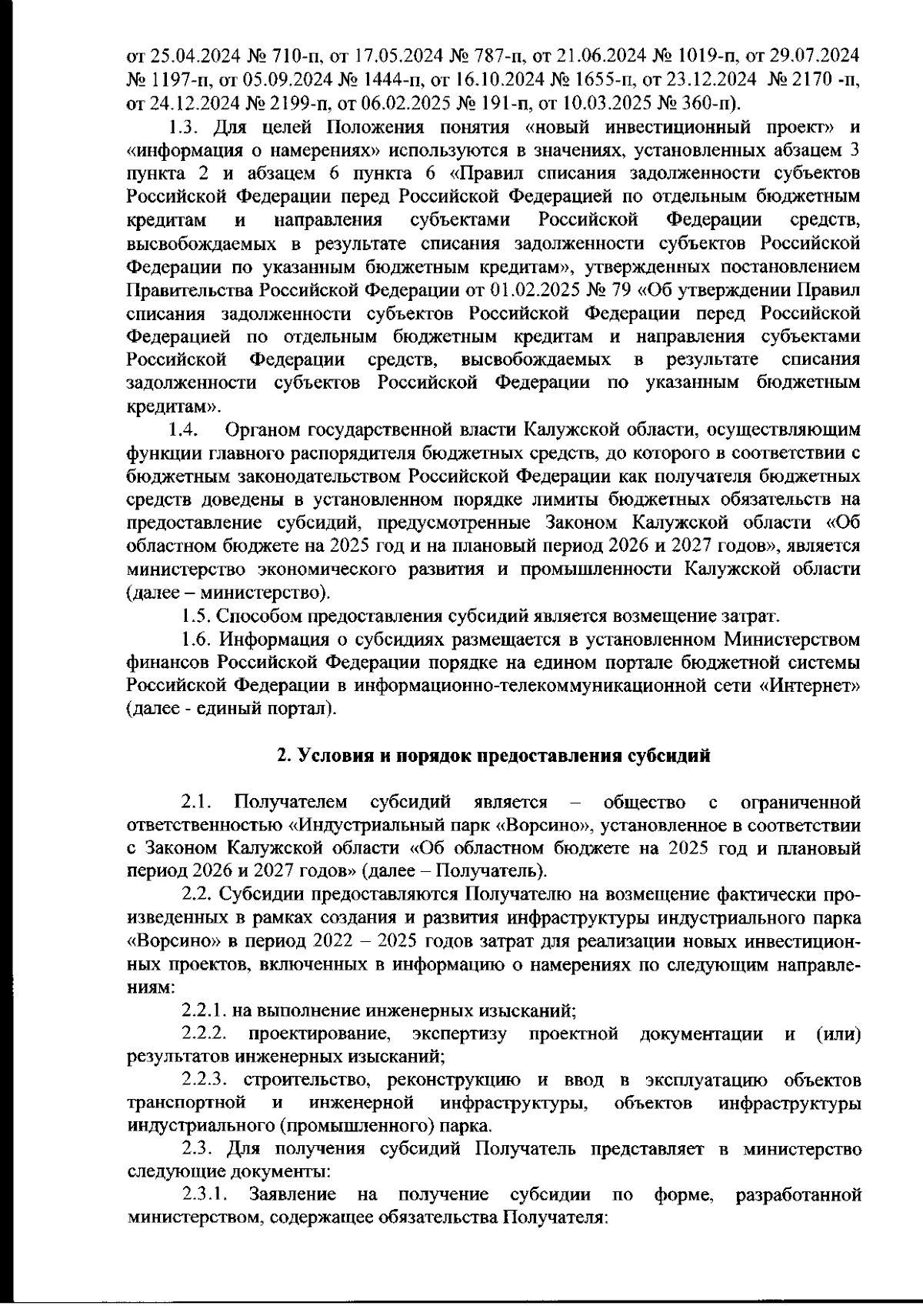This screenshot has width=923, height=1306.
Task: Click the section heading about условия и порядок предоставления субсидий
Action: pos(493,756)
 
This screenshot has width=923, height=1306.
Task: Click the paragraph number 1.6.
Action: pos(196,639)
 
